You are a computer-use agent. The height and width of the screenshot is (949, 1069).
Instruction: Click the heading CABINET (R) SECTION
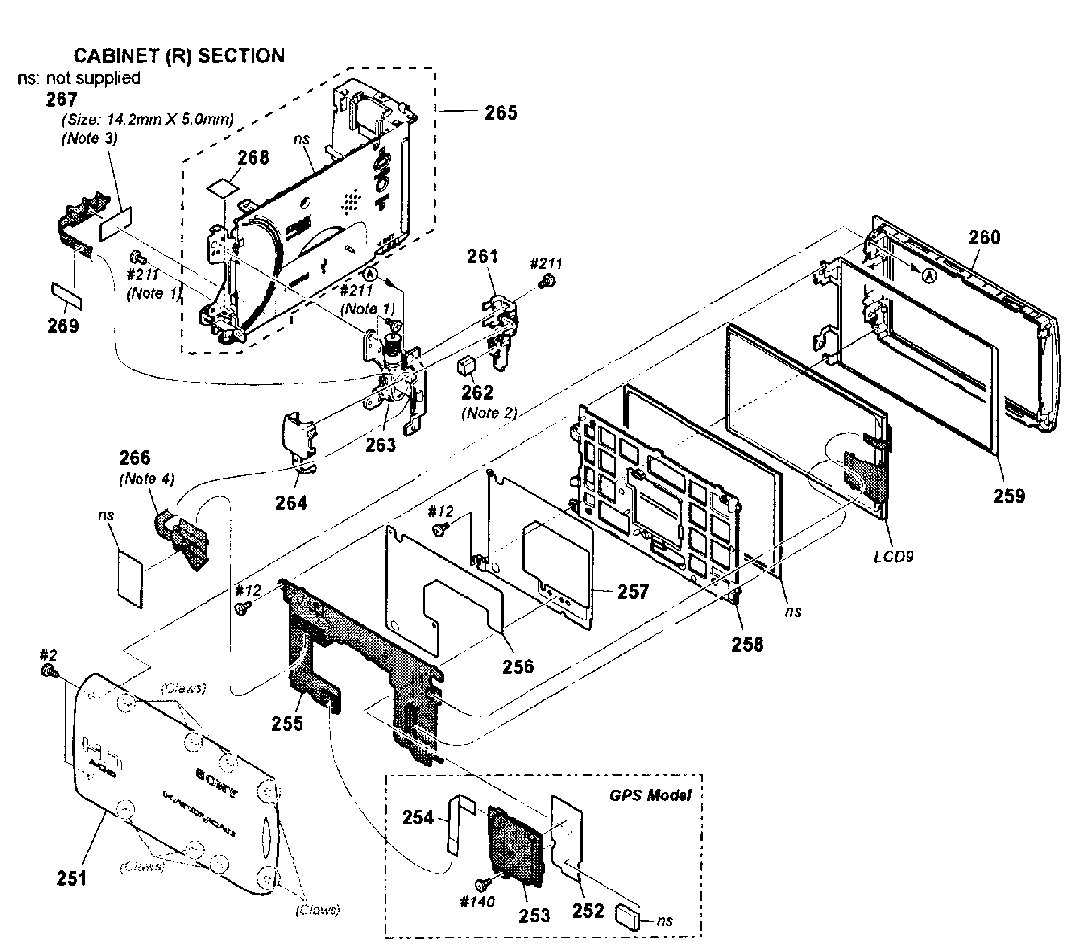179,55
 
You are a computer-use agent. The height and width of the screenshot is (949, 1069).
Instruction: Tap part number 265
501,112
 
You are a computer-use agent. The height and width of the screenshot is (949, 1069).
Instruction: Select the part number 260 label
984,237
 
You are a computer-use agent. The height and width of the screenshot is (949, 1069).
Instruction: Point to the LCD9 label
893,557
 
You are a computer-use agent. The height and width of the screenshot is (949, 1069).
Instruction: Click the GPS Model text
650,796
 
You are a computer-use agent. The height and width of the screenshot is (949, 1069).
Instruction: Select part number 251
72,878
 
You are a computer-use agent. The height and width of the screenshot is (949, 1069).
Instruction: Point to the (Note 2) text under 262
489,413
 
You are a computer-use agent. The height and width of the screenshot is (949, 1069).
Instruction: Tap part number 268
253,158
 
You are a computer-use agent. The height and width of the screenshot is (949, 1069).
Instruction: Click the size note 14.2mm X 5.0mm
148,120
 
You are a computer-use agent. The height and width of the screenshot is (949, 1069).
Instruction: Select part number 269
63,326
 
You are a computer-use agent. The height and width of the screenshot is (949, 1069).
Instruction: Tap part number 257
632,592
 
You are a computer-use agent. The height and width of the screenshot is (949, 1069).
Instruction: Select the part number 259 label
1009,496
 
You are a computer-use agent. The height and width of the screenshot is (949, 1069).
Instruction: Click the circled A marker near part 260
928,276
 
